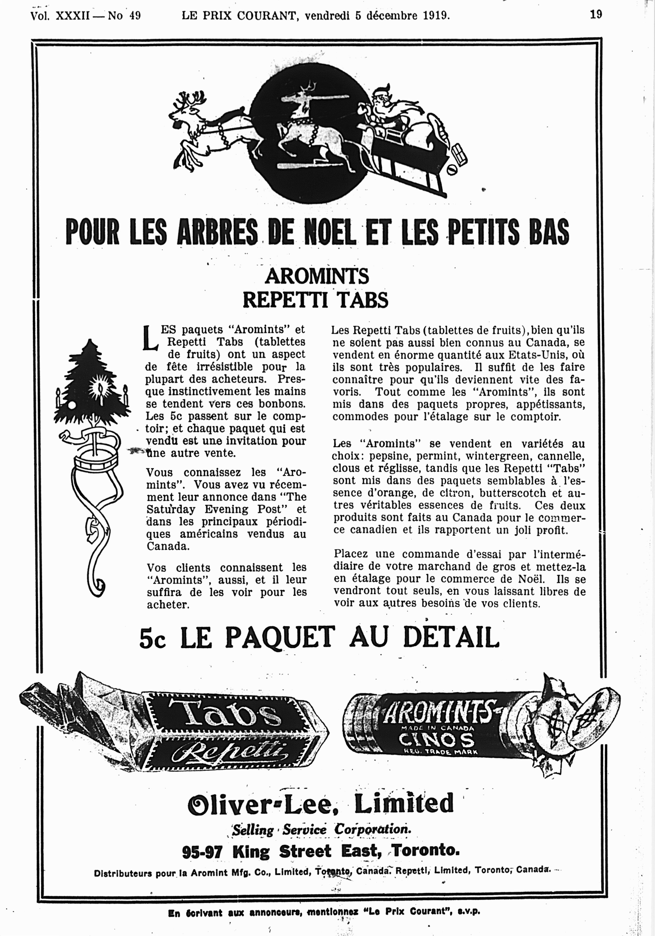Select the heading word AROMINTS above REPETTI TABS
click(317, 276)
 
